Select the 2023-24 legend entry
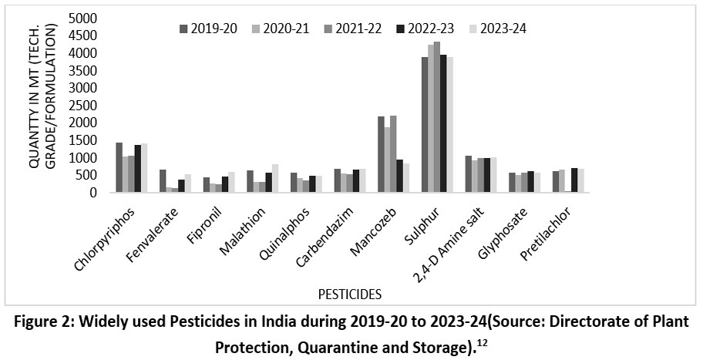coord(498,29)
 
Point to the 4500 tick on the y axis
coord(83,35)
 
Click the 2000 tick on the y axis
coord(83,123)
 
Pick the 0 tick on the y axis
coord(92,193)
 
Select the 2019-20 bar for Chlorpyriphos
coord(119,167)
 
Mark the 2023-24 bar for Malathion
coord(275,178)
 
